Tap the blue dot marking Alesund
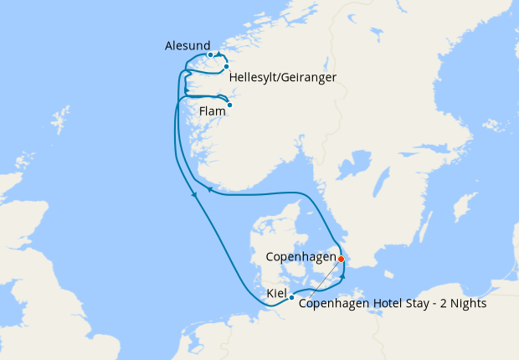click(211, 55)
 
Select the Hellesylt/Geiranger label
click(282, 77)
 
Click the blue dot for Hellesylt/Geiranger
click(226, 66)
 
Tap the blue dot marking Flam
click(229, 105)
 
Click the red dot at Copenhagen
click(341, 259)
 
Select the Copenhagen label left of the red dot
click(301, 256)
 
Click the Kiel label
click(276, 294)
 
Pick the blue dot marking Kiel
click(291, 297)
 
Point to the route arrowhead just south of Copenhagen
click(342, 278)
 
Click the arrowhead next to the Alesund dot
click(219, 55)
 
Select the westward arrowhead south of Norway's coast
click(209, 191)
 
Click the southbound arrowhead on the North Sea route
click(194, 195)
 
